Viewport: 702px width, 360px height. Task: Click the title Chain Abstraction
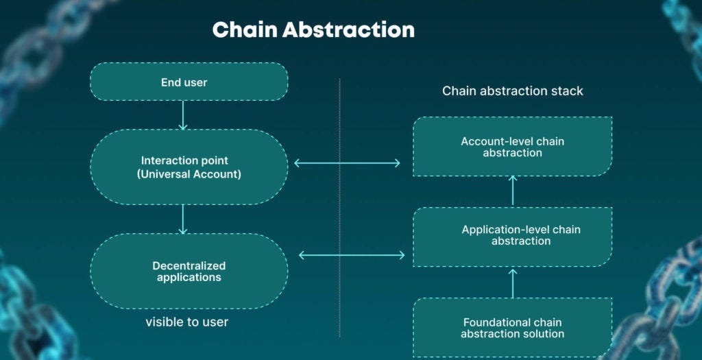click(x=313, y=29)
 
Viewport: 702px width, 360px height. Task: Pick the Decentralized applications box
click(x=189, y=272)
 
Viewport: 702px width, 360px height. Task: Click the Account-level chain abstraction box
click(x=512, y=147)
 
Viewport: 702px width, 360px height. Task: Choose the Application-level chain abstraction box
click(x=512, y=235)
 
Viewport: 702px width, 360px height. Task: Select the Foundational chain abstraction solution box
click(x=512, y=328)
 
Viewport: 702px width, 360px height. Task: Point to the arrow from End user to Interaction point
click(x=183, y=115)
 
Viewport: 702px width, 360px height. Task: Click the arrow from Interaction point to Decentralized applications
click(x=183, y=219)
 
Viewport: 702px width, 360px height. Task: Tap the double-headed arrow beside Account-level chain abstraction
click(x=347, y=163)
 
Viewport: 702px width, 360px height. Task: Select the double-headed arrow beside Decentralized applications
click(x=352, y=255)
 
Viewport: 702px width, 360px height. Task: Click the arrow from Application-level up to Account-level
click(x=513, y=191)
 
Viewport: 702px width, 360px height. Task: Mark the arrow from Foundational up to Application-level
click(x=513, y=283)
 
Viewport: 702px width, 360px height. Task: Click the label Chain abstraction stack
click(x=512, y=91)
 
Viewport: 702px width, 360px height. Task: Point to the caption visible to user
click(x=186, y=322)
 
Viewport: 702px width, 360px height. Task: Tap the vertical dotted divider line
click(x=340, y=206)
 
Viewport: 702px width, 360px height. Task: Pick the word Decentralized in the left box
click(x=189, y=266)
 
